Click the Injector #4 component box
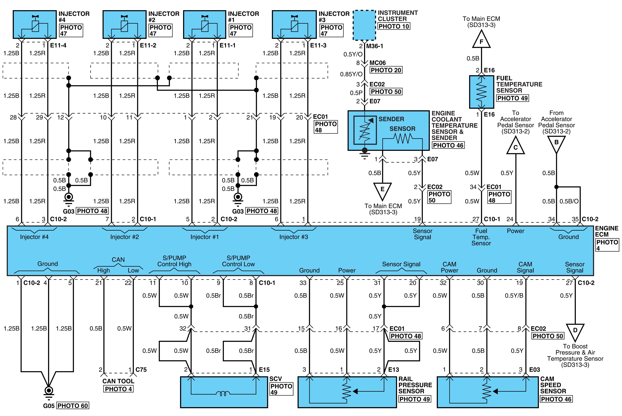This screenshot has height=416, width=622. (x=35, y=24)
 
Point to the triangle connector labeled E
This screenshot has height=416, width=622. (x=383, y=191)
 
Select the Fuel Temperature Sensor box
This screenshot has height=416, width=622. (x=481, y=92)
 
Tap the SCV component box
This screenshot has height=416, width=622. (x=224, y=392)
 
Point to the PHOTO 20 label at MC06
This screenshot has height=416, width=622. (x=386, y=70)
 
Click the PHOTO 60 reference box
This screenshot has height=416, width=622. (x=73, y=406)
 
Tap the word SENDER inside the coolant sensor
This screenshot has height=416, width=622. (x=391, y=119)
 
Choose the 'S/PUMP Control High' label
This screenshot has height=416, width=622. (x=174, y=261)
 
